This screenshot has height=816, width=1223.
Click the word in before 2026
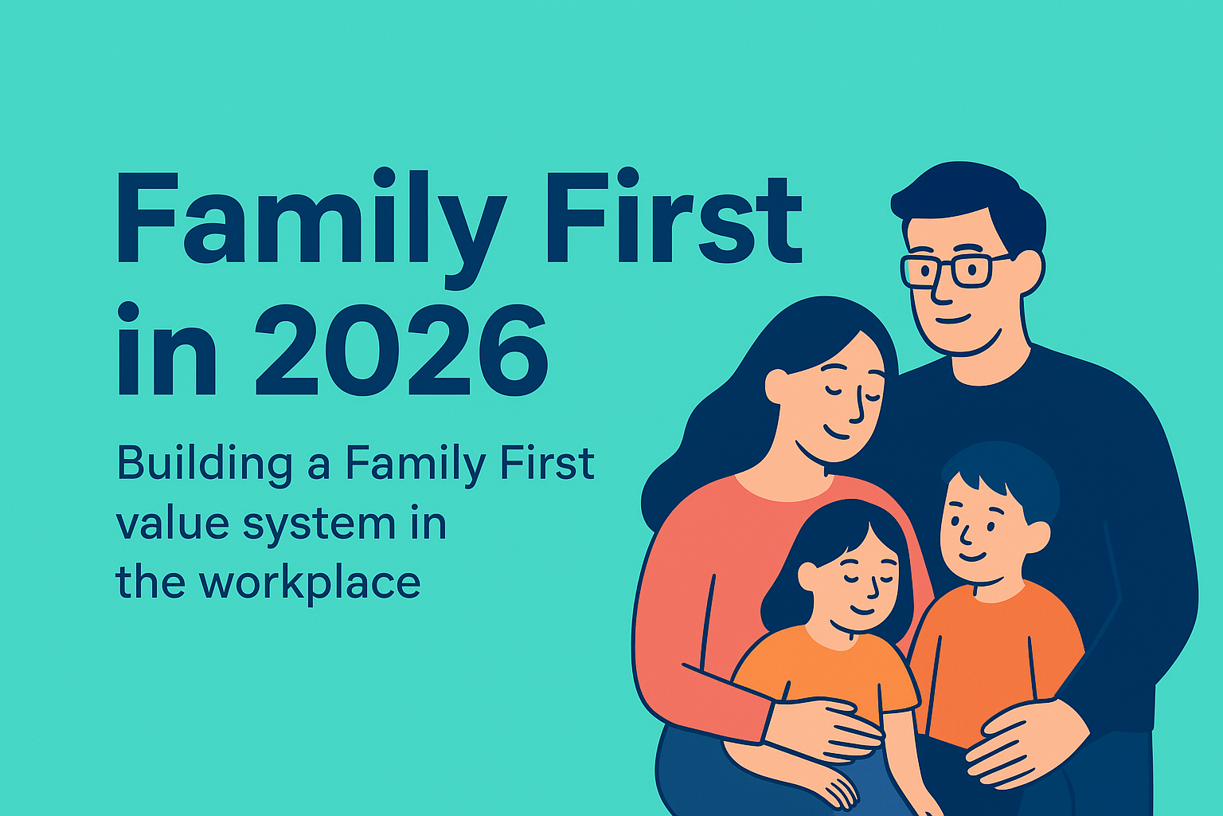click(x=167, y=351)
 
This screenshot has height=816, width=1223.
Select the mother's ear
click(x=776, y=386)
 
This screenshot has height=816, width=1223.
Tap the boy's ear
click(x=1036, y=536)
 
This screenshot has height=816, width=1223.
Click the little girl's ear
click(x=807, y=576)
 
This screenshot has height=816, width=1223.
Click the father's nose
click(x=940, y=295)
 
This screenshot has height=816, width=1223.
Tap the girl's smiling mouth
click(x=862, y=610)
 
